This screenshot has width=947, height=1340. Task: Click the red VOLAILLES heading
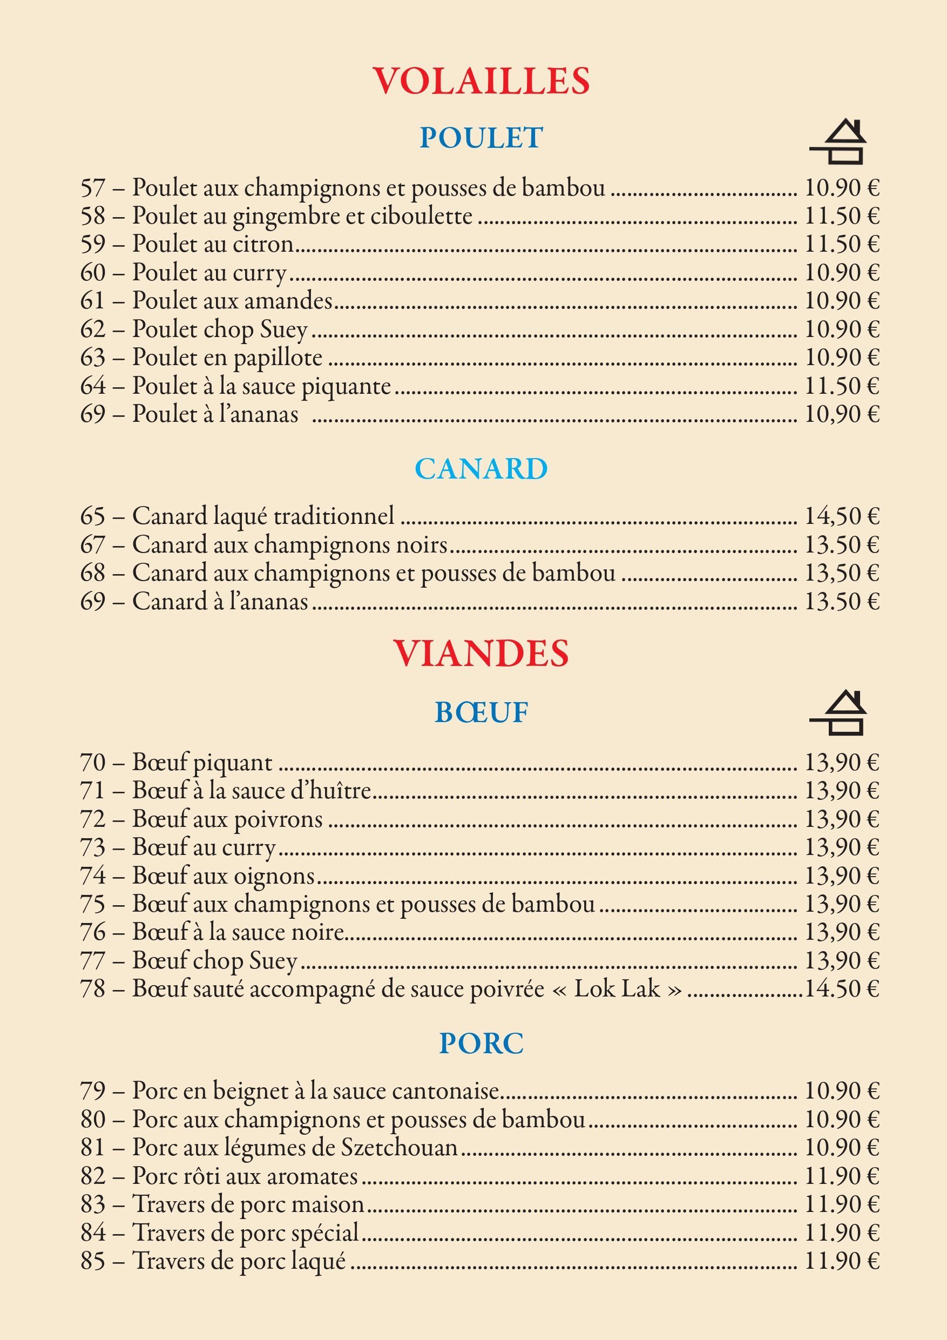click(x=482, y=81)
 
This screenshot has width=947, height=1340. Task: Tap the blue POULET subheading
click(x=482, y=138)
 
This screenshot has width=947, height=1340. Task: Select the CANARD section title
click(x=482, y=469)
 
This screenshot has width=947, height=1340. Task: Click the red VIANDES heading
click(x=481, y=653)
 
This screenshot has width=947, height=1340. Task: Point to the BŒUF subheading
click(x=482, y=712)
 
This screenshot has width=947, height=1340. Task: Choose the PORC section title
click(x=482, y=1043)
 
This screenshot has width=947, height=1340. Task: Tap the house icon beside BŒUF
click(x=838, y=712)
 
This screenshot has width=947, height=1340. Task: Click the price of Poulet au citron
click(x=841, y=244)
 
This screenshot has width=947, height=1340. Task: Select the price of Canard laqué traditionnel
click(x=841, y=516)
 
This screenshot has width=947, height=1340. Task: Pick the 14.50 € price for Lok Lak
click(x=841, y=988)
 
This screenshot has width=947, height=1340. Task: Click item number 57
click(x=93, y=188)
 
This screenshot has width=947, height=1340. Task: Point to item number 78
click(x=93, y=988)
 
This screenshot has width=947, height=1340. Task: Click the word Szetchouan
click(x=399, y=1147)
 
